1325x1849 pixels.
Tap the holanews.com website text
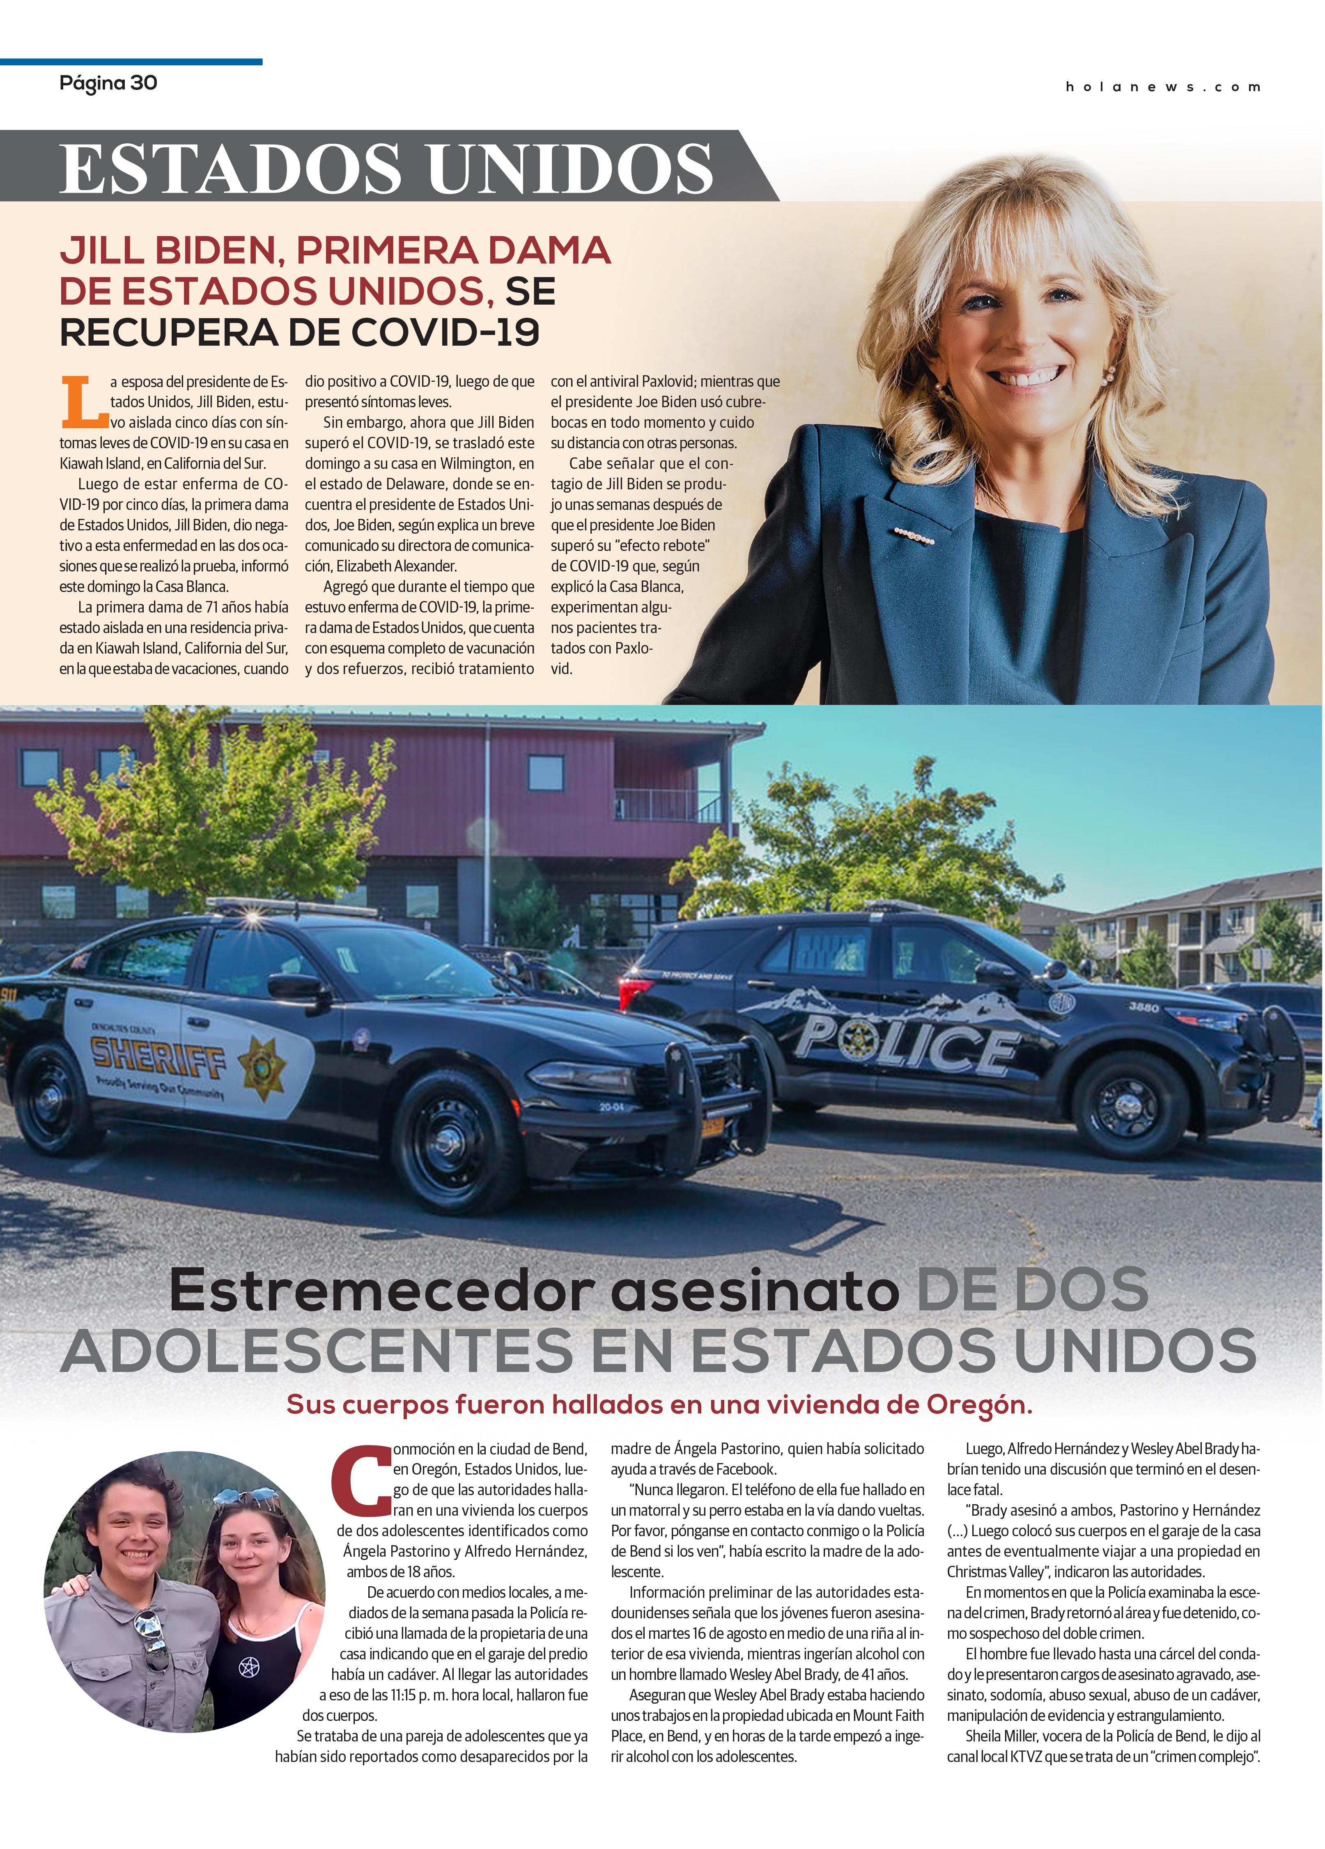tap(1163, 87)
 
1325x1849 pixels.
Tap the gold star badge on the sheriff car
tap(262, 1064)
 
